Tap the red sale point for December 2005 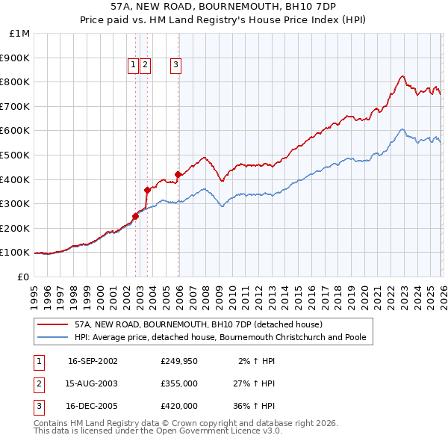(x=178, y=174)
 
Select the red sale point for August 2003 (x=147, y=190)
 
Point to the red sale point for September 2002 (x=135, y=216)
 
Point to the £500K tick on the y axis (x=16, y=155)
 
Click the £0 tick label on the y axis (x=22, y=277)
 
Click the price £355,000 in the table (x=178, y=383)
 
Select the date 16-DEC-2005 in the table (x=93, y=406)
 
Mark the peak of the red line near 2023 (x=402, y=75)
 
